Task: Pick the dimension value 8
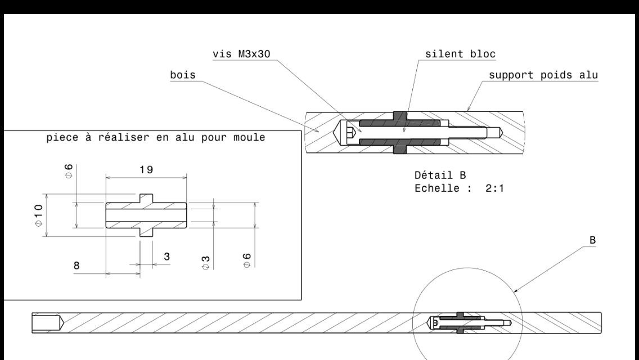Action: click(76, 262)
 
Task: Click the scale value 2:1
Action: click(494, 187)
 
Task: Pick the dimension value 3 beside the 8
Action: click(166, 256)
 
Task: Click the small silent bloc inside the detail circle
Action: click(461, 323)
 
